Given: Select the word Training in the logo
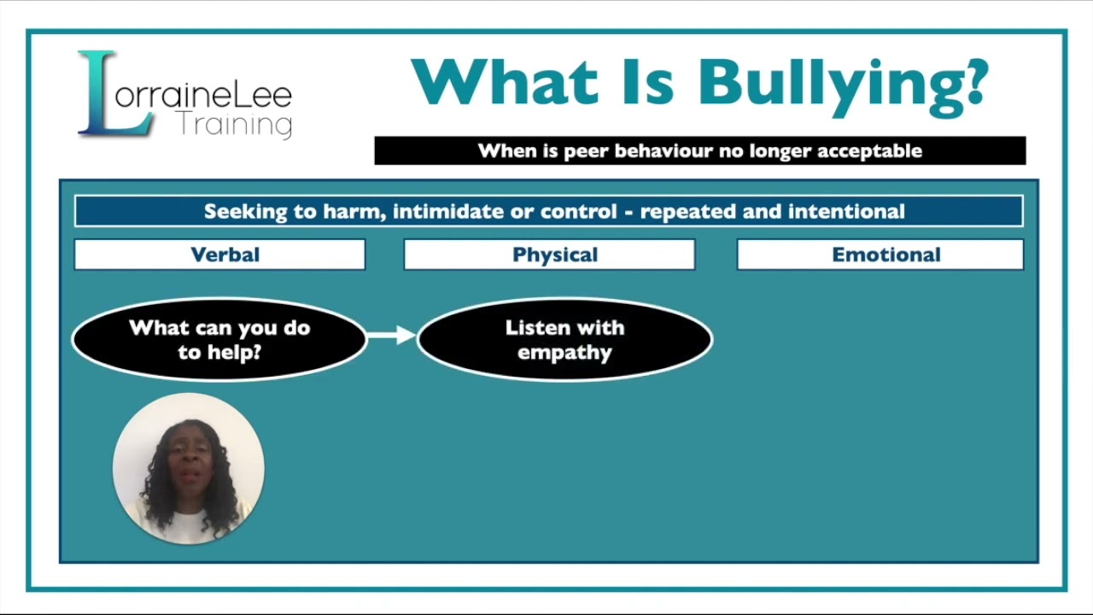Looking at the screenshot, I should pos(234,126).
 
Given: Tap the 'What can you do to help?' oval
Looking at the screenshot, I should pos(219,339).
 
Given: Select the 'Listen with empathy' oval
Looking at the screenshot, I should pos(564,339).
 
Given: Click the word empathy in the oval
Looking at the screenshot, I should pos(564,352).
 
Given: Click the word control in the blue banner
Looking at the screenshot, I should pos(585,211).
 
